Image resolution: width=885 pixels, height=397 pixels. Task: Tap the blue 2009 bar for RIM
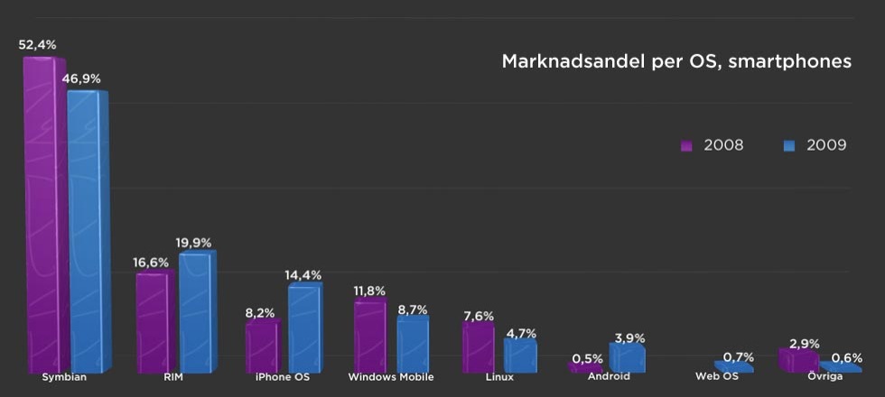(x=194, y=311)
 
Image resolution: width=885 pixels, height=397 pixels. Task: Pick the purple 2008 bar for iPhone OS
(x=261, y=347)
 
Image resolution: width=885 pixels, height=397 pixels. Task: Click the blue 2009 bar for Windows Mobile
(x=412, y=344)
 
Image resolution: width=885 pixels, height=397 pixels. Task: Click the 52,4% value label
(x=36, y=43)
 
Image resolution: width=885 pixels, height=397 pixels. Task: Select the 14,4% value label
(x=303, y=274)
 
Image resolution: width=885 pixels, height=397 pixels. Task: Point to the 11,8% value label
(x=369, y=291)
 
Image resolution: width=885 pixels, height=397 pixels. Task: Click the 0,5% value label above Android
(x=587, y=358)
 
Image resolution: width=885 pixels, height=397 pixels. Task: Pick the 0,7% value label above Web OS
(x=739, y=357)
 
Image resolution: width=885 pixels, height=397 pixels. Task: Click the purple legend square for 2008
(x=685, y=145)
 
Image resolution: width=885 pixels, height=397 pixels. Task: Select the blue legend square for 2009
(x=788, y=145)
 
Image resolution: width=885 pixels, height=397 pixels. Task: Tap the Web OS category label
(x=716, y=377)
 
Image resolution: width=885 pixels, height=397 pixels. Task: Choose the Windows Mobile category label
(x=391, y=377)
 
